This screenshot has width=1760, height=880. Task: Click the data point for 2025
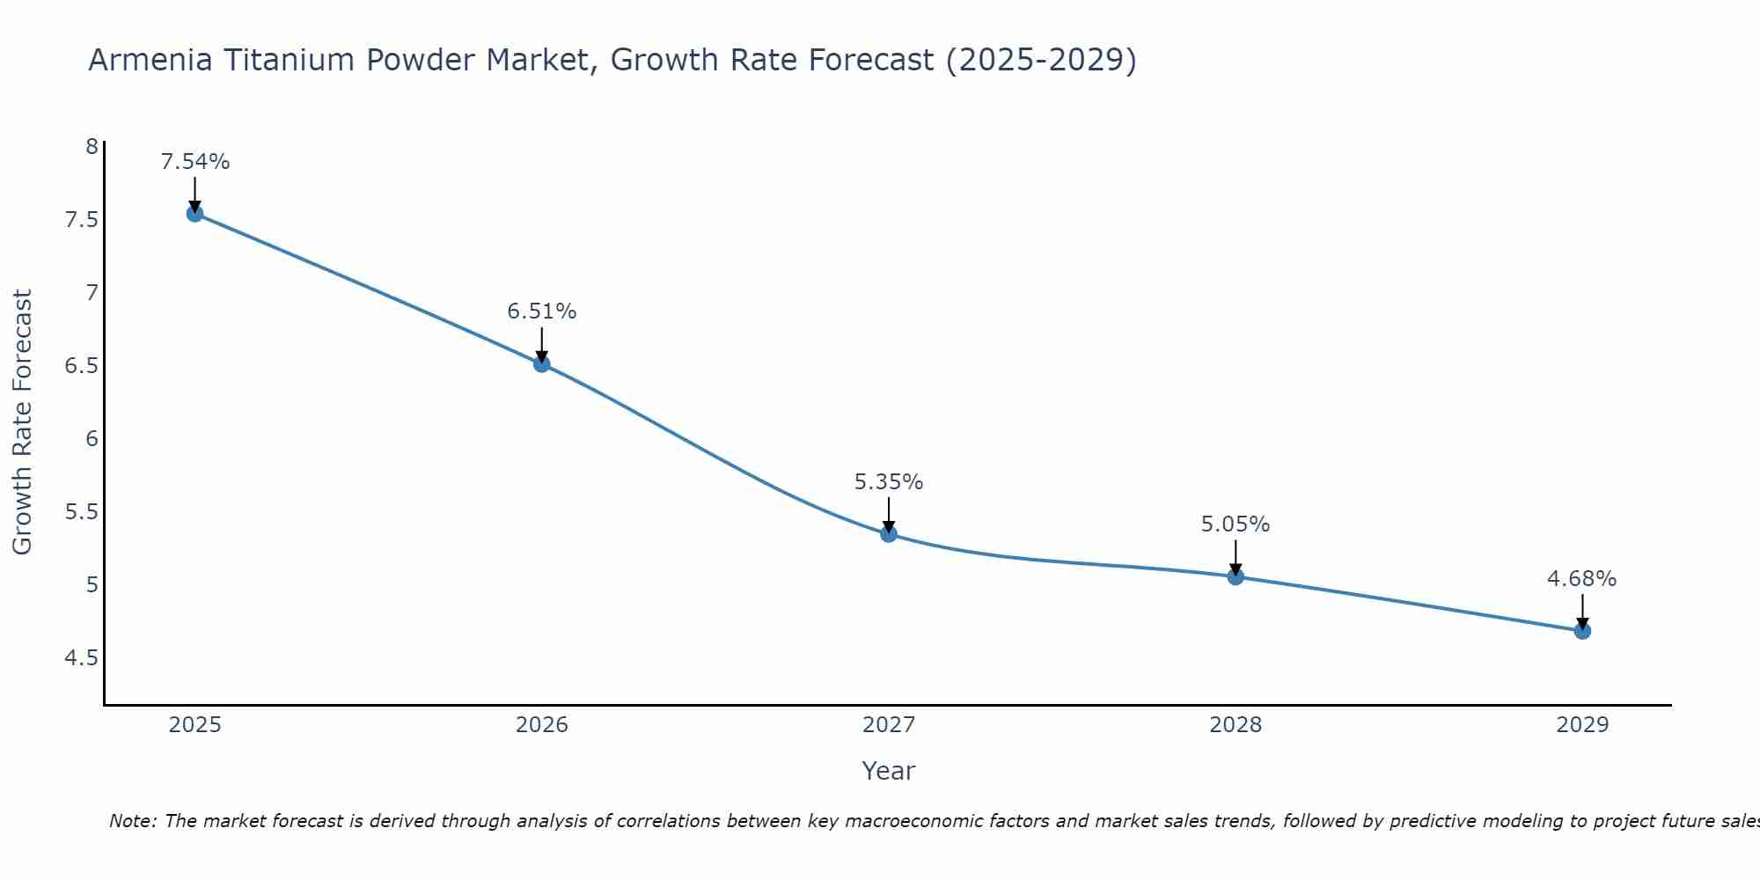(195, 213)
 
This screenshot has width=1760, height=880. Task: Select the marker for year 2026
(542, 363)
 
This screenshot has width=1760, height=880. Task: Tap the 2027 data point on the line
(889, 533)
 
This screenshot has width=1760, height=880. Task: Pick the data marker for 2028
(1236, 576)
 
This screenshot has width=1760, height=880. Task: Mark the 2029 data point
(1582, 630)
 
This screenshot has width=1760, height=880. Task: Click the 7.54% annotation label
(195, 162)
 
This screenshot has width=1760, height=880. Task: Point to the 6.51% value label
(542, 312)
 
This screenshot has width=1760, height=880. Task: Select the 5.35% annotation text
(889, 482)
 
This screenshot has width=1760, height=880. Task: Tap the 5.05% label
(1236, 524)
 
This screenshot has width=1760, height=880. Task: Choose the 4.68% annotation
(1582, 579)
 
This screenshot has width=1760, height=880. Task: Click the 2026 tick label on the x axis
(542, 725)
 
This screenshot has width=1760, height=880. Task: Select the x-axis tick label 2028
(1236, 725)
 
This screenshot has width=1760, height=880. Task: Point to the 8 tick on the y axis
(92, 146)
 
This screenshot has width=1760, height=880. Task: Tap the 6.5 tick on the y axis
(81, 365)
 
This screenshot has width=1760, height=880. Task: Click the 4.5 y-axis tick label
(81, 658)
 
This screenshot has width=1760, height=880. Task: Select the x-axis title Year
(889, 771)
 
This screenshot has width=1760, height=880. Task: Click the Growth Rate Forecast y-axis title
(23, 422)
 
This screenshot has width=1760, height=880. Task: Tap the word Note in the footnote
(132, 821)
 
